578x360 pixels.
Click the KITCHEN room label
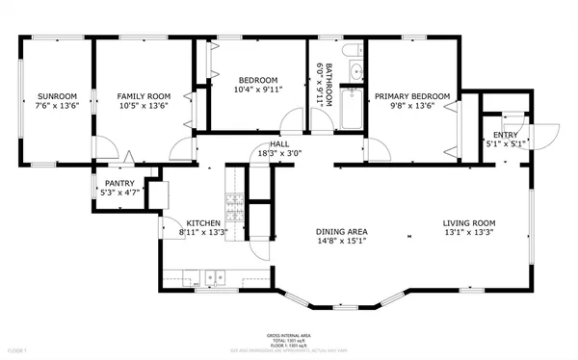(203, 220)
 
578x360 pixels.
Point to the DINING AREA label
(342, 231)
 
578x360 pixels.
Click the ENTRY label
(505, 135)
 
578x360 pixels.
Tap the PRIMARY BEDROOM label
(412, 96)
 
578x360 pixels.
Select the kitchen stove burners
(233, 203)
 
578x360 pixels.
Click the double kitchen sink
(213, 278)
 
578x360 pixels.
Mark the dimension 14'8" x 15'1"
(342, 242)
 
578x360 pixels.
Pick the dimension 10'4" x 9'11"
(258, 90)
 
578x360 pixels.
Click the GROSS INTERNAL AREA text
(288, 336)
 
